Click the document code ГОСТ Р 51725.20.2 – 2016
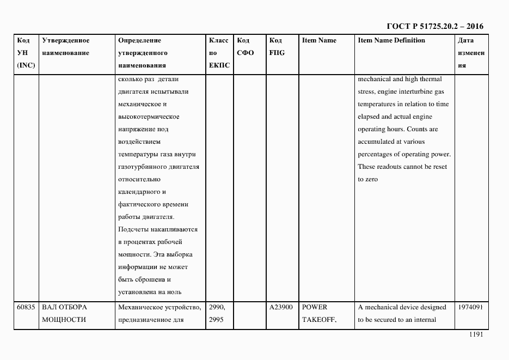[434, 26]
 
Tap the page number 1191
[475, 335]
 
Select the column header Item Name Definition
[391, 41]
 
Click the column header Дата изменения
[469, 53]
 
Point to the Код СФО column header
[246, 47]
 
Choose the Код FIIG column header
[277, 47]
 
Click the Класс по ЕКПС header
[219, 53]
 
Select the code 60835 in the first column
[26, 308]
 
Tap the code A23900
[281, 308]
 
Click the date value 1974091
[470, 308]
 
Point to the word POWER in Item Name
[314, 308]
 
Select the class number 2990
[216, 308]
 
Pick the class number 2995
[216, 320]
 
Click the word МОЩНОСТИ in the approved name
[64, 320]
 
